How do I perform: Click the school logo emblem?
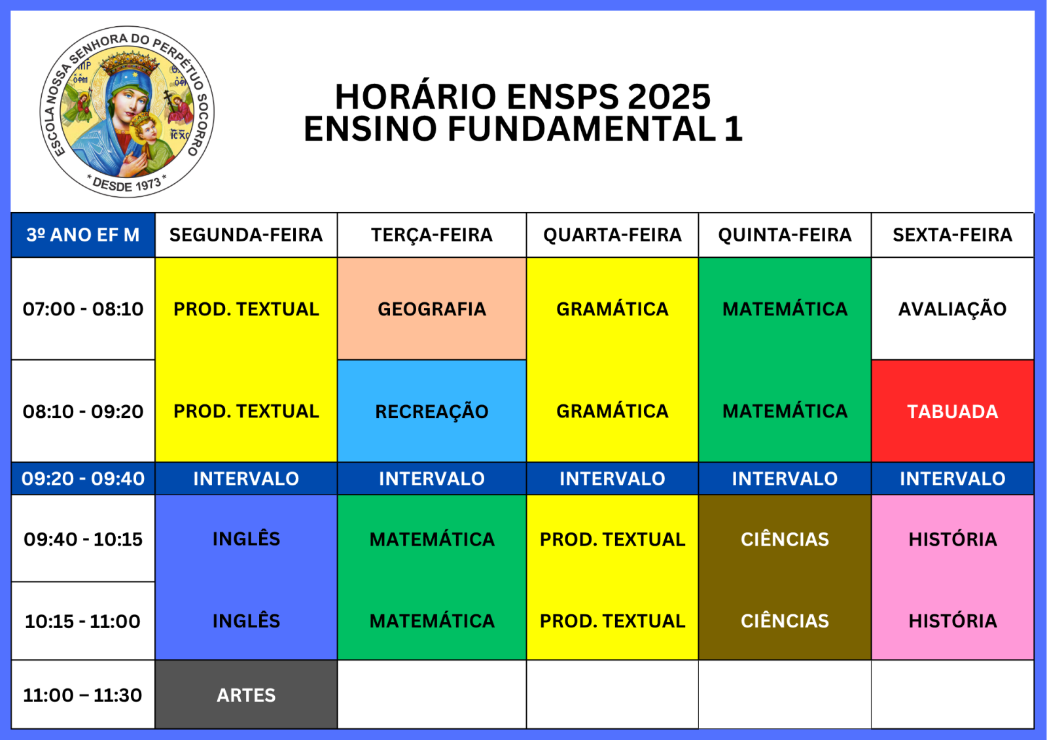pyautogui.click(x=127, y=112)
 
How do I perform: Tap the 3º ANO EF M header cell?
pyautogui.click(x=82, y=235)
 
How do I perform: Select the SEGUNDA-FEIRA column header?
pyautogui.click(x=246, y=235)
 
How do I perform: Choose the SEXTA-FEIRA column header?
pyautogui.click(x=952, y=235)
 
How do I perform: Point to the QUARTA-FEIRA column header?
pyautogui.click(x=612, y=235)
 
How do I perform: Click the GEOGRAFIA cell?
pyautogui.click(x=432, y=309)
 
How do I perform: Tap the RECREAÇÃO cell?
pyautogui.click(x=432, y=411)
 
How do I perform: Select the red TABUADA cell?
pyautogui.click(x=953, y=411)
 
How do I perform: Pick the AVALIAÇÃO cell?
pyautogui.click(x=953, y=309)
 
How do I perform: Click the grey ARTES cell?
pyautogui.click(x=246, y=695)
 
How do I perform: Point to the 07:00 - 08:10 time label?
pyautogui.click(x=82, y=309)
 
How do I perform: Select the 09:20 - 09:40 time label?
pyautogui.click(x=82, y=478)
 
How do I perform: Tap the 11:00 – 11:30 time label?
pyautogui.click(x=82, y=695)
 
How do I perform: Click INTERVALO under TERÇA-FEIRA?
pyautogui.click(x=432, y=478)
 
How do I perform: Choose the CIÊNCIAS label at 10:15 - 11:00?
pyautogui.click(x=785, y=621)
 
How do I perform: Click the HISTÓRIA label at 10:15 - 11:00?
pyautogui.click(x=953, y=621)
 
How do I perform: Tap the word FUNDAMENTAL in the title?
pyautogui.click(x=582, y=128)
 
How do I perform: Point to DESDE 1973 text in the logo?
pyautogui.click(x=127, y=184)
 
